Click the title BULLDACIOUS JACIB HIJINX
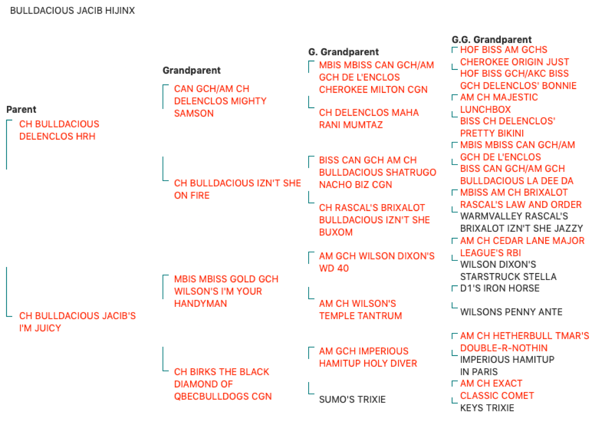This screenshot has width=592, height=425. click(x=72, y=10)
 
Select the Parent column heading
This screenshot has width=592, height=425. click(x=21, y=109)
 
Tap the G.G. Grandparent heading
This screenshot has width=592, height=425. click(x=491, y=39)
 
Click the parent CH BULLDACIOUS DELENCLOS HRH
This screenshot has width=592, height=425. click(x=59, y=130)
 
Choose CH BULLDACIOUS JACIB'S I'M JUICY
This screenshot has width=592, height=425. click(x=78, y=322)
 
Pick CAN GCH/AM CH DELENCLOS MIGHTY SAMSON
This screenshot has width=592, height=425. click(x=221, y=101)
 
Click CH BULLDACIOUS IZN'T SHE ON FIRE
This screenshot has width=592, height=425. click(x=237, y=189)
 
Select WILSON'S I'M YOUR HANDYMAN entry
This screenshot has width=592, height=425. click(x=226, y=291)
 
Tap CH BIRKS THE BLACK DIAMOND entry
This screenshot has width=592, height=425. click(x=223, y=384)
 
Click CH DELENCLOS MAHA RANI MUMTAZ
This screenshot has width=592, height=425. click(x=369, y=118)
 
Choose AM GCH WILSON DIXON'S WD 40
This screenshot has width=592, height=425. click(x=377, y=262)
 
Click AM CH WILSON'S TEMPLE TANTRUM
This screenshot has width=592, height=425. click(x=361, y=310)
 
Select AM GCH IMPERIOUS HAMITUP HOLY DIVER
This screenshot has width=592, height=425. click(x=368, y=357)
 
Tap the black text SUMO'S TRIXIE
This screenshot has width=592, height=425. click(x=352, y=399)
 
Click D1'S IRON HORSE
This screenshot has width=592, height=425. click(x=499, y=288)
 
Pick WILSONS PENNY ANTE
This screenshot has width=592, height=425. click(x=511, y=312)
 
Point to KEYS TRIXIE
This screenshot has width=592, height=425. click(x=487, y=408)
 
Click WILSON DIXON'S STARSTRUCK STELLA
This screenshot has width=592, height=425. click(x=508, y=271)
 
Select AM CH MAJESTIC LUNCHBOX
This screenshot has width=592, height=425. click(x=499, y=103)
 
